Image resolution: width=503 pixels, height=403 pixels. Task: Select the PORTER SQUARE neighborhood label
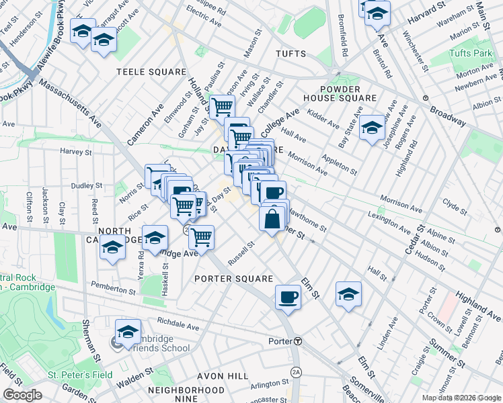click(x=234, y=279)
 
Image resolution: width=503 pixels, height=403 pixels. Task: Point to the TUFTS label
click(x=291, y=54)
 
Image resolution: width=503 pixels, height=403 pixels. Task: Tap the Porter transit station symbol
click(x=297, y=341)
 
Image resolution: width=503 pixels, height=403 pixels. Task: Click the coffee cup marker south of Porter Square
click(x=288, y=296)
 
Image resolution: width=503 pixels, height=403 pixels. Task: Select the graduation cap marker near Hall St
click(x=348, y=294)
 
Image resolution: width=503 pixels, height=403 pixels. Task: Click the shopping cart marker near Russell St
click(x=201, y=236)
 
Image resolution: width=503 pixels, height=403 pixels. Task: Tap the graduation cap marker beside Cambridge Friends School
click(x=128, y=331)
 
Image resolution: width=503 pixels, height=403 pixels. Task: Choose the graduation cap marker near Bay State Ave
click(x=371, y=127)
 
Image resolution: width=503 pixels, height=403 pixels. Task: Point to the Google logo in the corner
click(x=23, y=395)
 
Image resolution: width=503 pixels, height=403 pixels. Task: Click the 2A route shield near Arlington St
click(x=296, y=371)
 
